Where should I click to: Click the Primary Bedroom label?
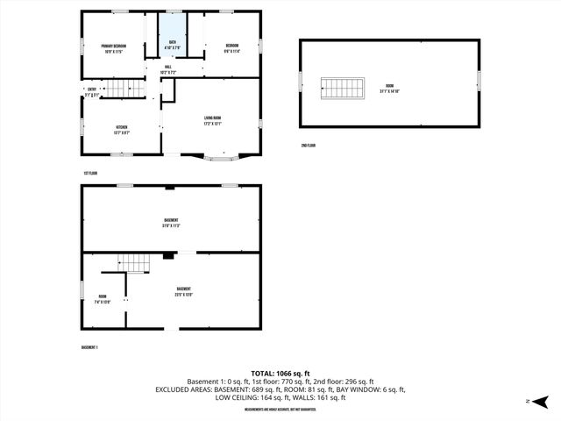114,47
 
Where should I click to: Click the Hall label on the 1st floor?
167,69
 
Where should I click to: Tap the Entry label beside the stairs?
92,91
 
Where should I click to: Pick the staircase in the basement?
135,262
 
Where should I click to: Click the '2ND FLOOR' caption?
308,145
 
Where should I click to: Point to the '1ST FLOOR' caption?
90,174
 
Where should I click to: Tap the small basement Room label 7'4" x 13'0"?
103,299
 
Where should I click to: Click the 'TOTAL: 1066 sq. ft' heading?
280,373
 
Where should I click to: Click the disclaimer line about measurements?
280,409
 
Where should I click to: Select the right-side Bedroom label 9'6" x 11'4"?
231,47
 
